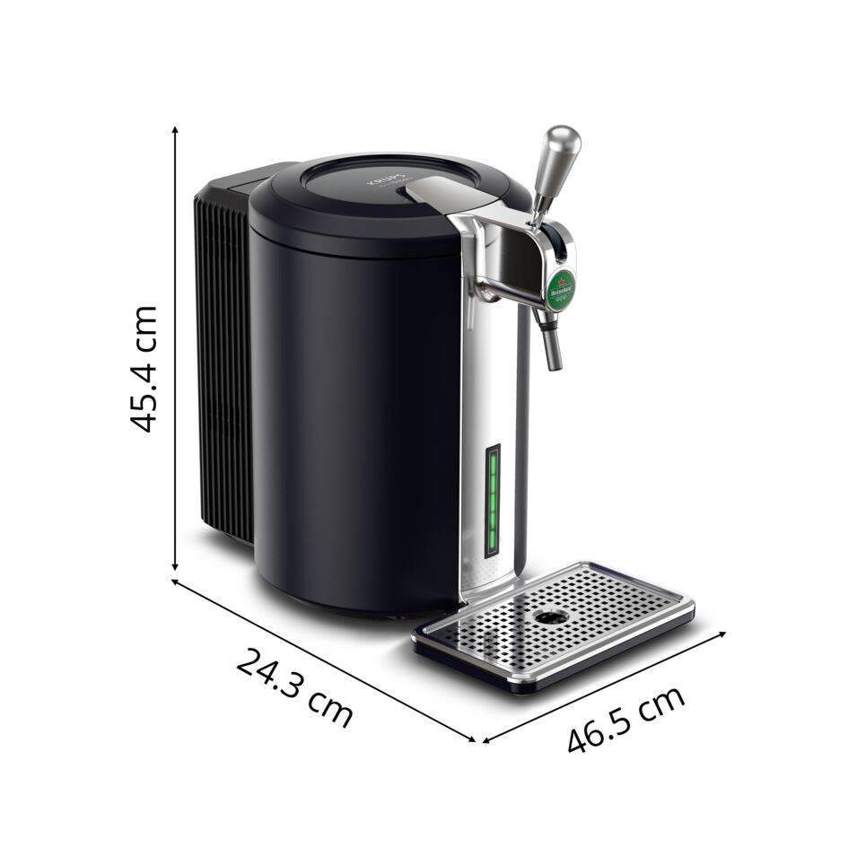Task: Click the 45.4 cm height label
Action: [x=144, y=369]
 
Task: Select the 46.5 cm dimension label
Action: [x=626, y=718]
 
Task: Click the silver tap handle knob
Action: [x=563, y=148]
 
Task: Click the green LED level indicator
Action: [x=493, y=502]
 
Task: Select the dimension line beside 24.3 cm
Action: [x=323, y=660]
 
